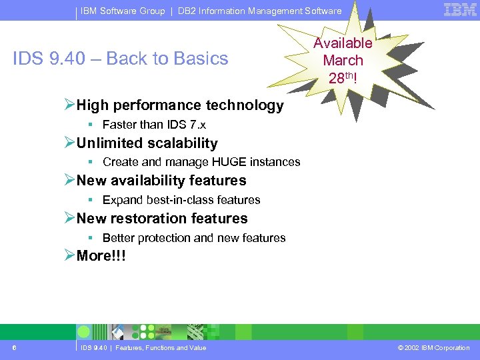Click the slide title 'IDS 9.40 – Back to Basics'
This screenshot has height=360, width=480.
(121, 59)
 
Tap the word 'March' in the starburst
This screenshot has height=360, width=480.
(343, 60)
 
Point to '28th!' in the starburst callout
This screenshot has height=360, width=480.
(343, 77)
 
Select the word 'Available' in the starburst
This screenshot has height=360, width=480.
(343, 43)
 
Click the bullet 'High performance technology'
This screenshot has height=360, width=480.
(179, 105)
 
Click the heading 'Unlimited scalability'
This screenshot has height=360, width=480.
(147, 143)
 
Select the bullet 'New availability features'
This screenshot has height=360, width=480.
(161, 181)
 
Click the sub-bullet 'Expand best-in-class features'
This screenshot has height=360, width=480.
(181, 200)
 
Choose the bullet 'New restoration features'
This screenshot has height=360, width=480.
(161, 219)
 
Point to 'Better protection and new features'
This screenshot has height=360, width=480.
(193, 238)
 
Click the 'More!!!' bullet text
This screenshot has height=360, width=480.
(101, 257)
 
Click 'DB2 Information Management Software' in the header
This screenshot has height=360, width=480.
(259, 11)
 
